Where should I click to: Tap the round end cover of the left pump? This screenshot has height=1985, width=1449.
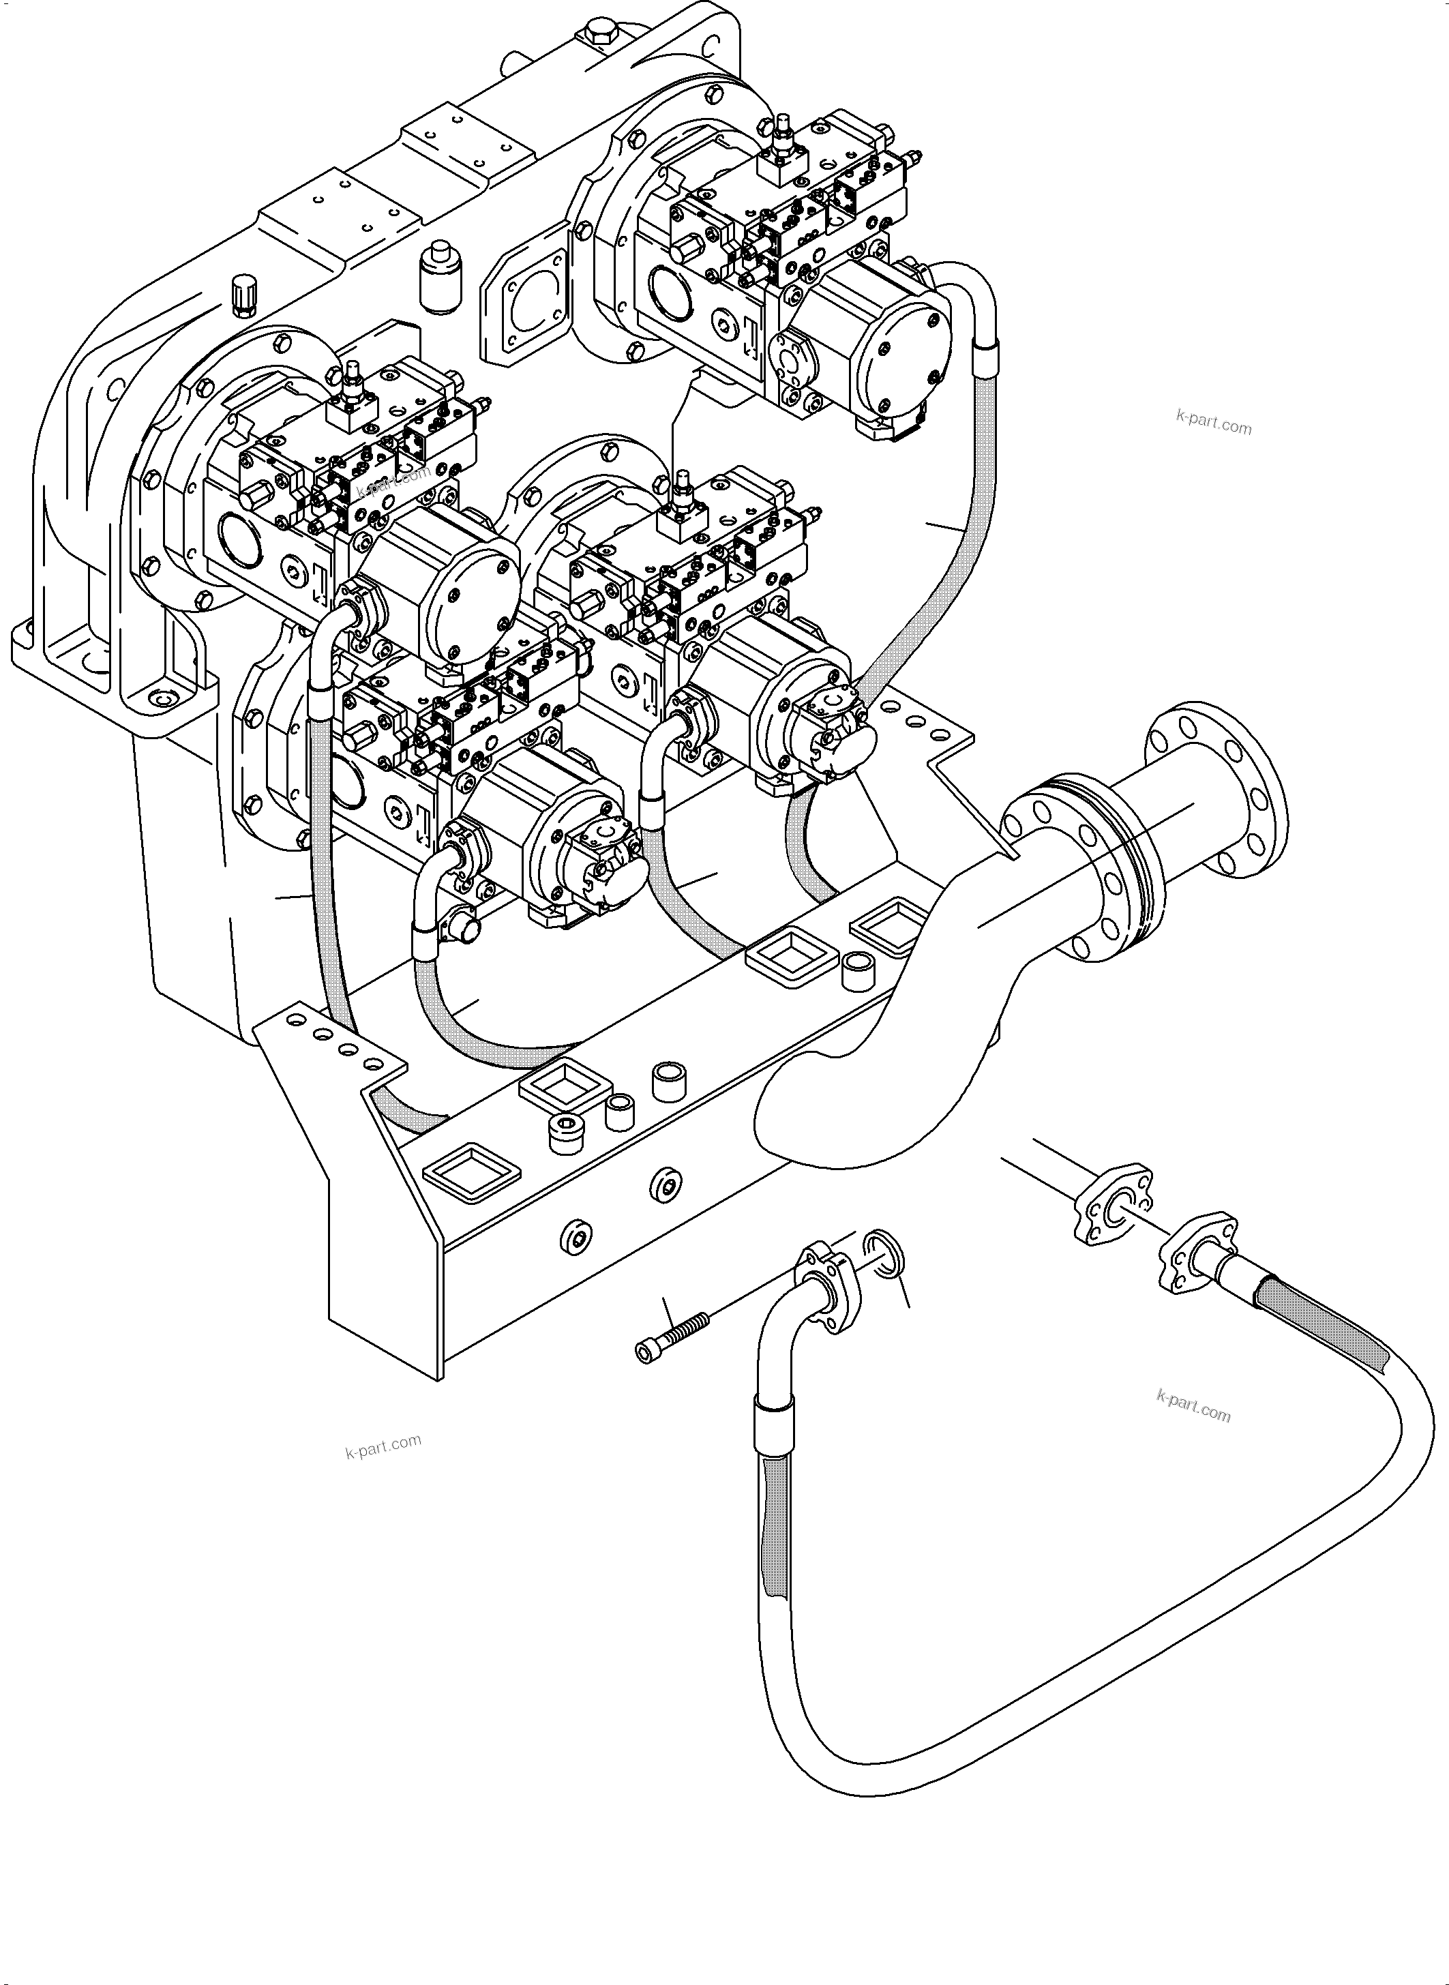(469, 601)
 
